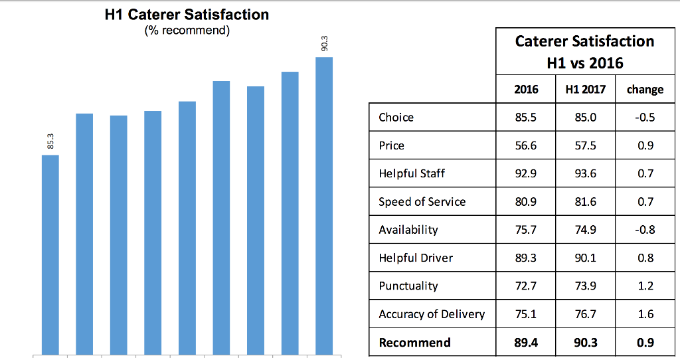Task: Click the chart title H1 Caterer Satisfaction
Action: coord(187,15)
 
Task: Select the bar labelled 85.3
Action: coord(50,255)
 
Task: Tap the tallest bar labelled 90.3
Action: coord(324,206)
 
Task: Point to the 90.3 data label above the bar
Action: coord(324,43)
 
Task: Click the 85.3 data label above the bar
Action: coord(50,141)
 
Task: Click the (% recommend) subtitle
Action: coord(187,31)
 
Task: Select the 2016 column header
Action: coord(526,90)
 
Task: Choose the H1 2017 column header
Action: coord(586,90)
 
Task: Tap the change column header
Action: coord(645,90)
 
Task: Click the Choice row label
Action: coord(396,117)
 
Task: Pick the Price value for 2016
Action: coord(526,145)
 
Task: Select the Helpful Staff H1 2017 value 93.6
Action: coord(586,173)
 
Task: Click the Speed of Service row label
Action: coord(422,202)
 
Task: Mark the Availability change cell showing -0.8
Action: coord(645,229)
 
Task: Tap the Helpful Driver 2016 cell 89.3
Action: coord(526,258)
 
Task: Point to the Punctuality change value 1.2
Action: coord(645,286)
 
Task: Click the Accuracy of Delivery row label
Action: coord(432,314)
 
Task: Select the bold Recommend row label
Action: coord(414,342)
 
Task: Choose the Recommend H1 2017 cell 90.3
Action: coord(586,342)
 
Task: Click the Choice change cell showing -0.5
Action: coord(645,117)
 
